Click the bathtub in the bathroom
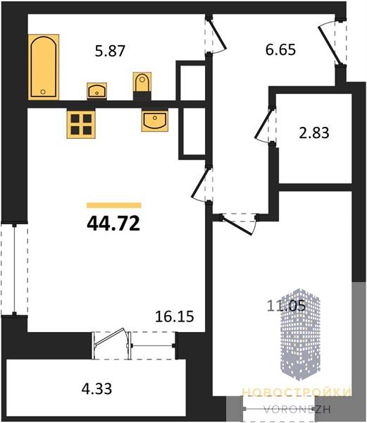(44, 67)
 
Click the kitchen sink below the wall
(154, 121)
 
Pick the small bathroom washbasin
(97, 91)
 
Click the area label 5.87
(110, 51)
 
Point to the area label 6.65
(280, 50)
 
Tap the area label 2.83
(314, 133)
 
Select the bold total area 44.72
(113, 223)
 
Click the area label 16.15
(174, 316)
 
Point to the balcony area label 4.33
(97, 388)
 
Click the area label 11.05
(286, 306)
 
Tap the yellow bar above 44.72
(114, 206)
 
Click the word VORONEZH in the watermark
(297, 410)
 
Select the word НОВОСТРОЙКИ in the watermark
(297, 392)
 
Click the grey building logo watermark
(301, 334)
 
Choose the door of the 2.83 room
(266, 125)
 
